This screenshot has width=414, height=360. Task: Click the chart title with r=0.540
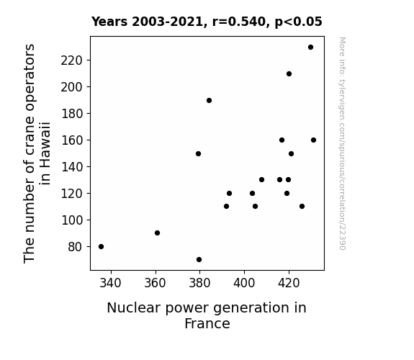pyautogui.click(x=207, y=22)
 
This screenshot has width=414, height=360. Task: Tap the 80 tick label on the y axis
pyautogui.click(x=76, y=247)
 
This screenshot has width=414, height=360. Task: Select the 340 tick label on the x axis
pyautogui.click(x=110, y=283)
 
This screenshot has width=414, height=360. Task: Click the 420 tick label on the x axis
pyautogui.click(x=289, y=283)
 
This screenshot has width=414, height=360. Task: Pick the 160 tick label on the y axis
pyautogui.click(x=72, y=140)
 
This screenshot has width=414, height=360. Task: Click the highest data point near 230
pyautogui.click(x=311, y=48)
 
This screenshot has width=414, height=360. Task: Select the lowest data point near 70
pyautogui.click(x=199, y=260)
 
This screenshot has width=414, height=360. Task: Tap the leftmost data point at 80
pyautogui.click(x=101, y=247)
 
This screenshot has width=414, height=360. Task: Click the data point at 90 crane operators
pyautogui.click(x=158, y=233)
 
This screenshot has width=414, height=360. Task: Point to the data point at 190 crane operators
pyautogui.click(x=209, y=100)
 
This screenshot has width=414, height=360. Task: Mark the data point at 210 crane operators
pyautogui.click(x=289, y=73)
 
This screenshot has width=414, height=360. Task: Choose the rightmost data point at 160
pyautogui.click(x=314, y=140)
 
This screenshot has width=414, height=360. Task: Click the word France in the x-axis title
pyautogui.click(x=207, y=323)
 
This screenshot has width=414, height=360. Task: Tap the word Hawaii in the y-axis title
pyautogui.click(x=45, y=153)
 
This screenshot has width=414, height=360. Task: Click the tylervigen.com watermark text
pyautogui.click(x=343, y=143)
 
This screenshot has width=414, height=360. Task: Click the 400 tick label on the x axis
pyautogui.click(x=244, y=283)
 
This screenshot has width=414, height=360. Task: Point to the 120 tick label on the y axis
pyautogui.click(x=72, y=194)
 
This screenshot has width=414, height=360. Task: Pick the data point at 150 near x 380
pyautogui.click(x=198, y=153)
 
